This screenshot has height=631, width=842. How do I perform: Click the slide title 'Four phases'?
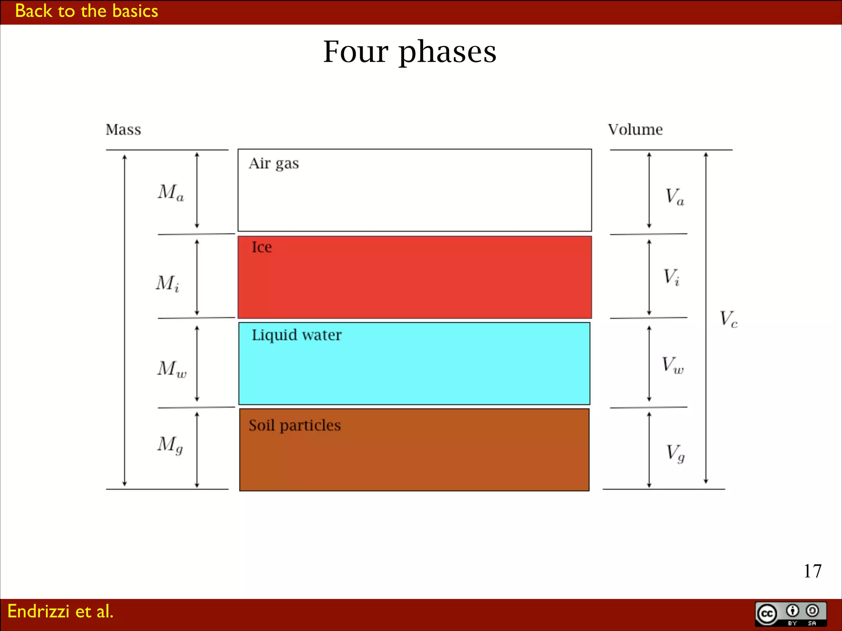pos(409,52)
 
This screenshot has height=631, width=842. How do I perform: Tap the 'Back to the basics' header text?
pos(86,11)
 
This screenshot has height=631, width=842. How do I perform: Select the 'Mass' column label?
pos(123,130)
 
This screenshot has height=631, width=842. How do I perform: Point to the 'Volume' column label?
pos(635,130)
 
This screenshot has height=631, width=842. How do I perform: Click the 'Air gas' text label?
pos(274,164)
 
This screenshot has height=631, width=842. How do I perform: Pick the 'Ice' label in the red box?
pos(261,247)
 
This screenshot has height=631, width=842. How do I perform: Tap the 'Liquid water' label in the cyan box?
pos(296,335)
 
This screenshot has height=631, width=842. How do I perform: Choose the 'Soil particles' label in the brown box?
pos(295,426)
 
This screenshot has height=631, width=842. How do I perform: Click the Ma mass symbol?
pos(171,192)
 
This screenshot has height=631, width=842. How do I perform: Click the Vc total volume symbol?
pos(729,319)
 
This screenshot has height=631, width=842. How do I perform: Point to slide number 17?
pos(812,571)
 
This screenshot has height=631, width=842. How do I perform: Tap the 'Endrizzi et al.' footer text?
pos(60,611)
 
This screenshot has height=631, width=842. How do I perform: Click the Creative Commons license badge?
pos(791,614)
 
